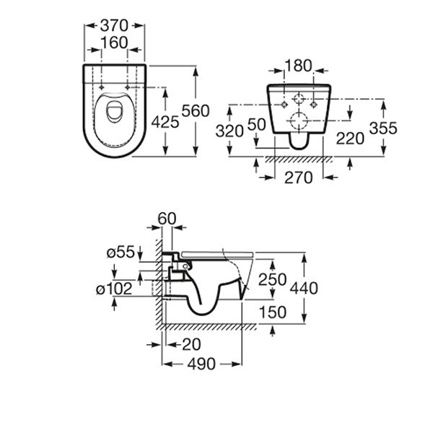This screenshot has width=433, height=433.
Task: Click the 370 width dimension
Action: point(114,26)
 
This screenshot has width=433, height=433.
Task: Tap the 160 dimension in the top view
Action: point(114,43)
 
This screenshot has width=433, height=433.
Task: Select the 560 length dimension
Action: point(196,111)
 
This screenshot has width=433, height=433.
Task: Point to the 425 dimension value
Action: point(165,122)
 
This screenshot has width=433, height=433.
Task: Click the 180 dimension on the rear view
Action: point(298,66)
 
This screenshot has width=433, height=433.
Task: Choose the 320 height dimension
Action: point(229,131)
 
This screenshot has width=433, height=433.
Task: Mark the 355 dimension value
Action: point(383,128)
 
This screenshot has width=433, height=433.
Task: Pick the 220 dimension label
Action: point(350,139)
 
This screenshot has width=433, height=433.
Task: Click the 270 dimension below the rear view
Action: point(299,178)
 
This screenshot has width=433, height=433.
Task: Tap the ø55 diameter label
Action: point(121,252)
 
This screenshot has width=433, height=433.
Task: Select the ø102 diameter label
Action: point(114,289)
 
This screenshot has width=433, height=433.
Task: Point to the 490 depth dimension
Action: point(201,364)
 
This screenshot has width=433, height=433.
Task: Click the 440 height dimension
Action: point(304,288)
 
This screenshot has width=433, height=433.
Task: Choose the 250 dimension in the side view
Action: point(272,279)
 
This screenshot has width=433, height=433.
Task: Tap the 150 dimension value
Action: point(273,312)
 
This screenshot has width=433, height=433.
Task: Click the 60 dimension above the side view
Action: point(167,219)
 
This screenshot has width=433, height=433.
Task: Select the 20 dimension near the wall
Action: point(192,344)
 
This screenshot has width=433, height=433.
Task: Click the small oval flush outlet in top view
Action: point(113,111)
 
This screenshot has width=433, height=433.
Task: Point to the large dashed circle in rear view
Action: point(299,121)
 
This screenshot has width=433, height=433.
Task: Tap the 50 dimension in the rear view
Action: point(256,124)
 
